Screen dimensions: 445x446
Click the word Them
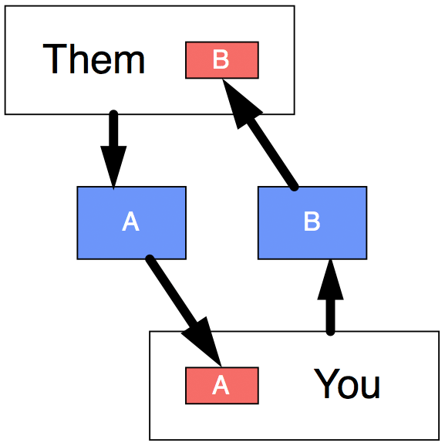pyautogui.click(x=93, y=59)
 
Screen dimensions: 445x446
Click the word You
pyautogui.click(x=346, y=383)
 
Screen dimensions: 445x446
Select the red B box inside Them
pyautogui.click(x=222, y=60)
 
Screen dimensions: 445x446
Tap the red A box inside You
pyautogui.click(x=222, y=385)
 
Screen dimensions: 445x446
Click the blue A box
pyautogui.click(x=131, y=223)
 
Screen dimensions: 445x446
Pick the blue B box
pyautogui.click(x=312, y=223)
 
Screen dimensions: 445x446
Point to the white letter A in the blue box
pyautogui.click(x=131, y=221)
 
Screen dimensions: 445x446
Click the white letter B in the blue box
pyautogui.click(x=312, y=221)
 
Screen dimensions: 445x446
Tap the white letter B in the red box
pyautogui.click(x=221, y=59)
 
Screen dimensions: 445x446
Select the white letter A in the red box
pyautogui.click(x=221, y=384)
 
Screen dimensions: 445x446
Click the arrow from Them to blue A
pyautogui.click(x=113, y=150)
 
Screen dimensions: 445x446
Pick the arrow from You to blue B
pyautogui.click(x=330, y=297)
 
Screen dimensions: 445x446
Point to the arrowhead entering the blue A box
pyautogui.click(x=113, y=167)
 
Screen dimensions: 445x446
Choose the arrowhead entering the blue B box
pyautogui.click(x=330, y=279)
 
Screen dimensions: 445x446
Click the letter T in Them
pyautogui.click(x=55, y=59)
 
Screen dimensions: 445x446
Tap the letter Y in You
pyautogui.click(x=327, y=383)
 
